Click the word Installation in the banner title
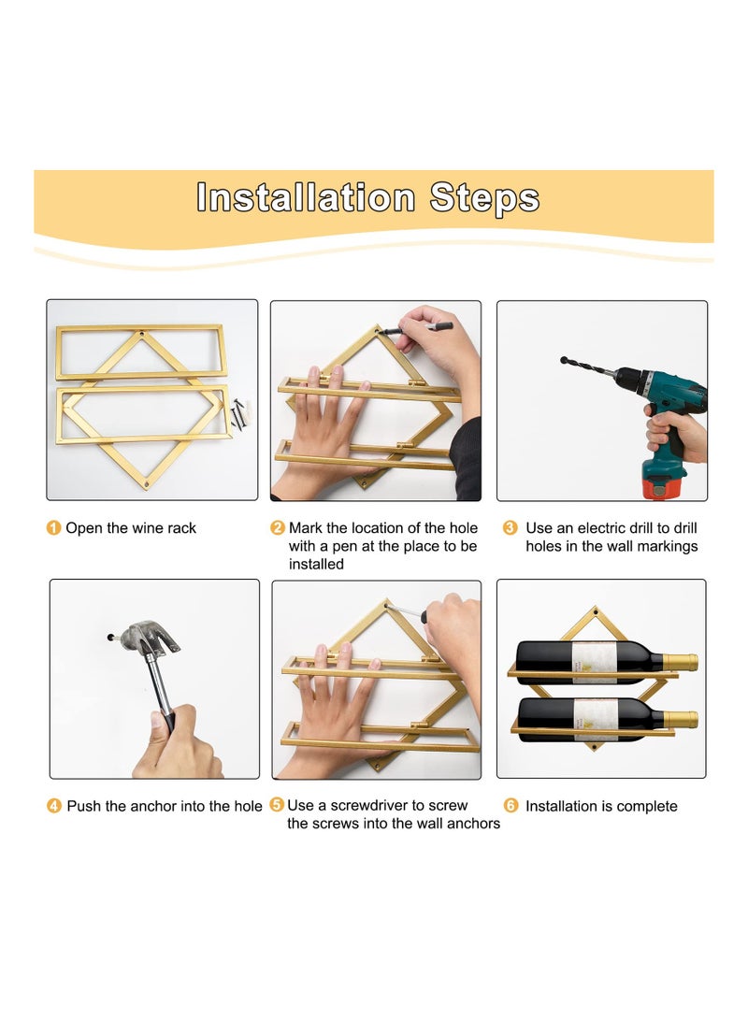click(x=306, y=197)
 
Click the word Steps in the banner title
click(x=484, y=198)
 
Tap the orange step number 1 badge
click(x=54, y=527)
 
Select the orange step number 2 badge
click(x=278, y=527)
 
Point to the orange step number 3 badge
click(x=511, y=527)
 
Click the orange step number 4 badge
click(x=54, y=806)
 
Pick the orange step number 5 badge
click(x=277, y=805)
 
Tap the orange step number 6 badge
click(x=511, y=806)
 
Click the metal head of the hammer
click(x=150, y=637)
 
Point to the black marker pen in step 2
click(x=415, y=328)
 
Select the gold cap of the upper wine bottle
click(x=681, y=663)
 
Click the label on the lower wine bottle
click(x=596, y=720)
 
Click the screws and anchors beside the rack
click(x=239, y=412)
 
